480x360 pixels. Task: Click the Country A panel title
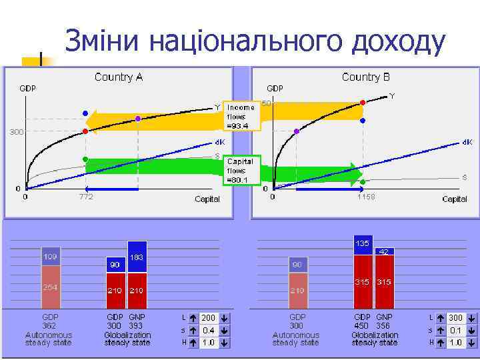[119, 77]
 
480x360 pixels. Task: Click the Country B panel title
[365, 77]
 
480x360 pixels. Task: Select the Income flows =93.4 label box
[241, 117]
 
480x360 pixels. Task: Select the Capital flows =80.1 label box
[240, 170]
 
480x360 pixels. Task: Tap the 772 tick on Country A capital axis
[86, 197]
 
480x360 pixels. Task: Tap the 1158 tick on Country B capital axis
[366, 197]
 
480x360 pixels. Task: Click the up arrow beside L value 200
[193, 318]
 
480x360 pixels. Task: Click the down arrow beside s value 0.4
[224, 330]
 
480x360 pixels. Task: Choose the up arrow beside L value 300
[440, 318]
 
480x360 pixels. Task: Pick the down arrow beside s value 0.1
[471, 330]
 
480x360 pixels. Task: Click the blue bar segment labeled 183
[137, 257]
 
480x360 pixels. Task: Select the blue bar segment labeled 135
[363, 245]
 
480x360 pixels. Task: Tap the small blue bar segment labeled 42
[384, 251]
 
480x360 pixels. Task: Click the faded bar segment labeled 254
[50, 287]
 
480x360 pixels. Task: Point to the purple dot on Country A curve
[138, 119]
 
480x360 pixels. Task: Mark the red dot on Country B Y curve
[363, 103]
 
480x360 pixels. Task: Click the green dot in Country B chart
[362, 181]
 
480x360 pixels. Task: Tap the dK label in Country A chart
[219, 142]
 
